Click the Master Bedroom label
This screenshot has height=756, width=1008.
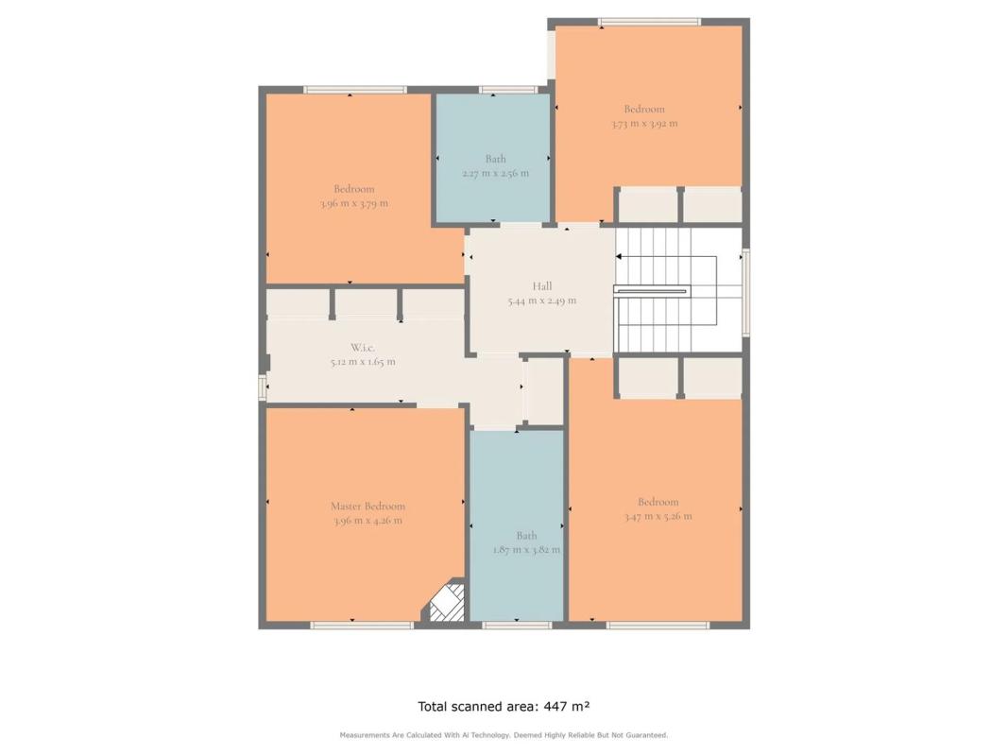click(367, 507)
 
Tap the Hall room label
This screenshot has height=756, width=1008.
click(542, 286)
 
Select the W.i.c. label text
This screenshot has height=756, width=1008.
click(363, 348)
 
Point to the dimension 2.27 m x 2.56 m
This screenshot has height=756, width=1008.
click(496, 174)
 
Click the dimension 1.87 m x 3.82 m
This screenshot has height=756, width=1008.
click(526, 550)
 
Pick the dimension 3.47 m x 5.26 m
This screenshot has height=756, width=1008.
click(658, 516)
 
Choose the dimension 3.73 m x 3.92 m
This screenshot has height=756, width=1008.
click(644, 124)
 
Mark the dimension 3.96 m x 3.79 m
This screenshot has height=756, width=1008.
click(353, 204)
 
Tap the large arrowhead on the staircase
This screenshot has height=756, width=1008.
click(619, 256)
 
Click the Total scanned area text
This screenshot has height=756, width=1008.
click(504, 707)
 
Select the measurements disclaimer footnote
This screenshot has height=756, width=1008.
click(504, 735)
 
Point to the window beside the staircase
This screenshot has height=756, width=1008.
click(745, 293)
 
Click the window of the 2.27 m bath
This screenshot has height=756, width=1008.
click(508, 90)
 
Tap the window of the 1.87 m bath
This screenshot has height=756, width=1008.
click(517, 625)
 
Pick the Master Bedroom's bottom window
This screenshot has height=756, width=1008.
click(362, 625)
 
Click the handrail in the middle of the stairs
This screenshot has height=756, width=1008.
click(651, 291)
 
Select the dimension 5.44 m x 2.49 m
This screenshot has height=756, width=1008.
click(542, 301)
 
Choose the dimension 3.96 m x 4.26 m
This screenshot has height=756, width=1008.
click(367, 521)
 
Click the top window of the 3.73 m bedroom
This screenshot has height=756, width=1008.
click(649, 22)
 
